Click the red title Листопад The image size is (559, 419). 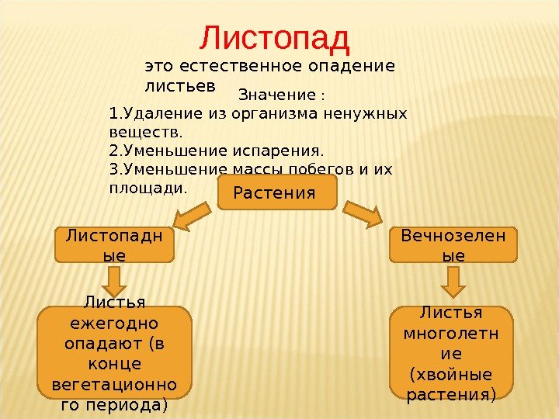[276, 36]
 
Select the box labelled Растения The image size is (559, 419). [277, 192]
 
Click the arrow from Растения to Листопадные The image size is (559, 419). [190, 216]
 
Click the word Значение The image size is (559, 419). [277, 96]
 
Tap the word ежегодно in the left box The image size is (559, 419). [114, 322]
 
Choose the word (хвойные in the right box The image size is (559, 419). [450, 375]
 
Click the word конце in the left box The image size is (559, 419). [114, 362]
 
